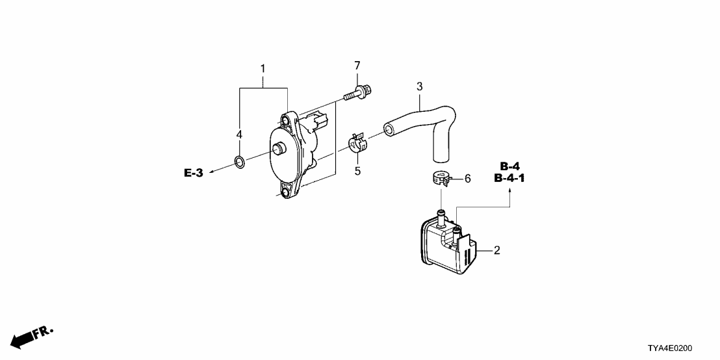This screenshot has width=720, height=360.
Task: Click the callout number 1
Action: (263, 69)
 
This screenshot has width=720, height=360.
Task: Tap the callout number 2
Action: (496, 250)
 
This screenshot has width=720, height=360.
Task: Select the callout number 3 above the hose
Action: (419, 86)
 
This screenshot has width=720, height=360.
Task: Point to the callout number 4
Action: (239, 135)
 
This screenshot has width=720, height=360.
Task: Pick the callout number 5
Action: (356, 172)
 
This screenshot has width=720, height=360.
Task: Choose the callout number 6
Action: (467, 178)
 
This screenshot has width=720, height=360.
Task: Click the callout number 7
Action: (357, 66)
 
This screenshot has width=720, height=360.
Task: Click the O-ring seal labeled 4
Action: (239, 162)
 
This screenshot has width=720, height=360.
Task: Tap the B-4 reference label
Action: (509, 166)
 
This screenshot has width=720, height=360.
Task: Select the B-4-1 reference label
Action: (509, 178)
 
